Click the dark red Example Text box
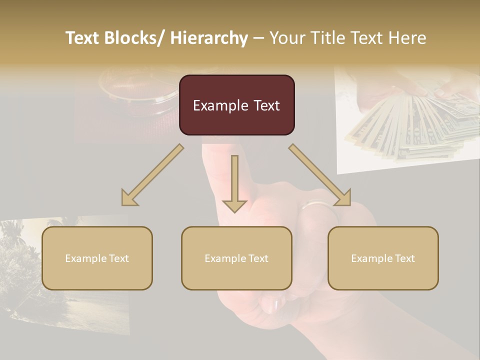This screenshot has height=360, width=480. click(236, 105)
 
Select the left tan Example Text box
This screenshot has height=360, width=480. click(97, 258)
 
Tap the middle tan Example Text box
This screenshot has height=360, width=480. click(236, 258)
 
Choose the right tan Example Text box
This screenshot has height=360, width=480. click(383, 258)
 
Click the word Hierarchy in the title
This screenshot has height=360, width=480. click(208, 38)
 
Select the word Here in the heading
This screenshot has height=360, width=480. click(408, 38)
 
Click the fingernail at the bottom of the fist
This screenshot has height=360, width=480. click(272, 304)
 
